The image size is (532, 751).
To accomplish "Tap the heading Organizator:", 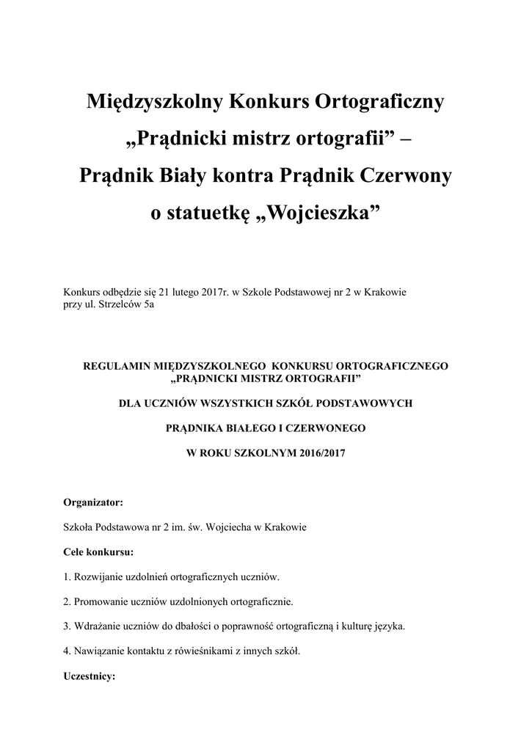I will (93, 502).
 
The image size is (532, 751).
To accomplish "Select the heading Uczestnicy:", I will (90, 677).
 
